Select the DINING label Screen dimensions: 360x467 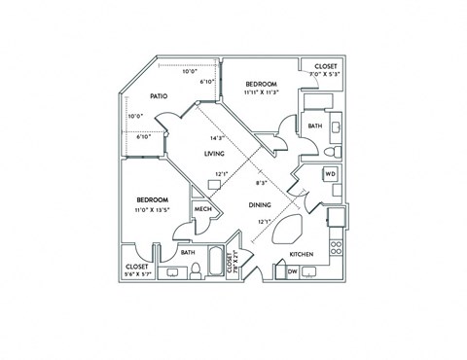tap(259, 205)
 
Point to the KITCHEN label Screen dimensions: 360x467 tap(302, 255)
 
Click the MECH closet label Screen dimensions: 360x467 tap(203, 210)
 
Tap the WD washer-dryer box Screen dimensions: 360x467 tap(330, 174)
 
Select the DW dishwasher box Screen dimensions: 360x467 tap(292, 272)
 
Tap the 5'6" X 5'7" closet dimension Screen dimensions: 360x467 tap(136, 274)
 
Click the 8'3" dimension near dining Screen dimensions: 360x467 tap(261, 182)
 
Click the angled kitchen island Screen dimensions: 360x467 tap(290, 231)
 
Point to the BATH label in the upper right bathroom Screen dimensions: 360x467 tap(314, 126)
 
